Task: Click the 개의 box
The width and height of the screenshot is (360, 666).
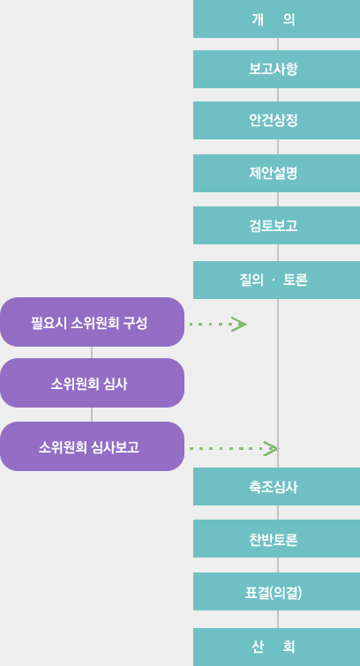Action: [x=276, y=19]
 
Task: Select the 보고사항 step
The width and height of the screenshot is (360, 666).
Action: [x=276, y=69]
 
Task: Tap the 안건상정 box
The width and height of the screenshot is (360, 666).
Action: [x=276, y=120]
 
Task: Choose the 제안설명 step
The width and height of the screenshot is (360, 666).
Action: [x=276, y=173]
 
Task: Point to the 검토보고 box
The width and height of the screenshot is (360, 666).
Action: [x=276, y=226]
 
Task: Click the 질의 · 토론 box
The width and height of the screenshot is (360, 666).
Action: [x=276, y=280]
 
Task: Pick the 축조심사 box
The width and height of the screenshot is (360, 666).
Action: [x=276, y=487]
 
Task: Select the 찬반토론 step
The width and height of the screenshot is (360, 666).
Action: [x=276, y=539]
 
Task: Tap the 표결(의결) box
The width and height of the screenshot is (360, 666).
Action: [x=276, y=592]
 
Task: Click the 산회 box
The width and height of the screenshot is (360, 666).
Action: [x=276, y=647]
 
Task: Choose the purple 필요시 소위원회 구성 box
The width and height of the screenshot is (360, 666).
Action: [x=93, y=322]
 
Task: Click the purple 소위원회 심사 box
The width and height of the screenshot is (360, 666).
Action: [x=93, y=383]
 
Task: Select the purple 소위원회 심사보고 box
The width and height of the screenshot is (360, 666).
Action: [x=93, y=446]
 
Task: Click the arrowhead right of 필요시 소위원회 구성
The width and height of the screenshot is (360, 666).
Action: [x=239, y=324]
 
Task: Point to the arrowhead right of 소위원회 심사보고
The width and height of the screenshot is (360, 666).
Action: [x=271, y=448]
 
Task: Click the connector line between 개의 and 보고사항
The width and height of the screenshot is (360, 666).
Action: [x=278, y=44]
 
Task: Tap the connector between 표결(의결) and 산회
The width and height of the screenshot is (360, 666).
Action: [x=278, y=619]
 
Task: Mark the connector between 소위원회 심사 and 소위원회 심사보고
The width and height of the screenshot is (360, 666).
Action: [x=92, y=415]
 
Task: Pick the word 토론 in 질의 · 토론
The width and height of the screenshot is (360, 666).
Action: [x=295, y=281]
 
